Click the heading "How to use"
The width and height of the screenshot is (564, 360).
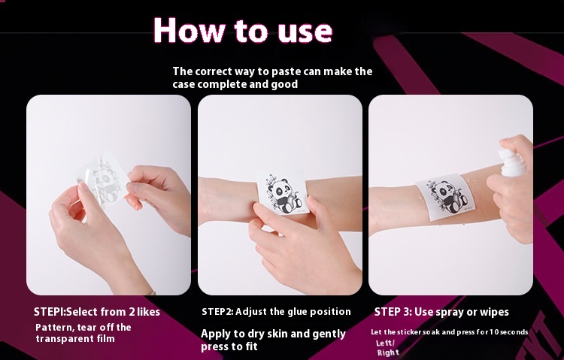(x=243, y=30)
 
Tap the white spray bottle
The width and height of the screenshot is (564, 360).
(x=512, y=163)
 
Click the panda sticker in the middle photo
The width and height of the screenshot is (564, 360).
(x=283, y=193)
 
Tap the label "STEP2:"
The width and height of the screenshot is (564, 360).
(x=217, y=311)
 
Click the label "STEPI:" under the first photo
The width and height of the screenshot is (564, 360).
(x=50, y=312)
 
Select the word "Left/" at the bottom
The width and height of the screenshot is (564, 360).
(x=385, y=343)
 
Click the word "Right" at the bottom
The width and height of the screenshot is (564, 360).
(x=388, y=352)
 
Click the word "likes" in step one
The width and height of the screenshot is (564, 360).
(x=148, y=312)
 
